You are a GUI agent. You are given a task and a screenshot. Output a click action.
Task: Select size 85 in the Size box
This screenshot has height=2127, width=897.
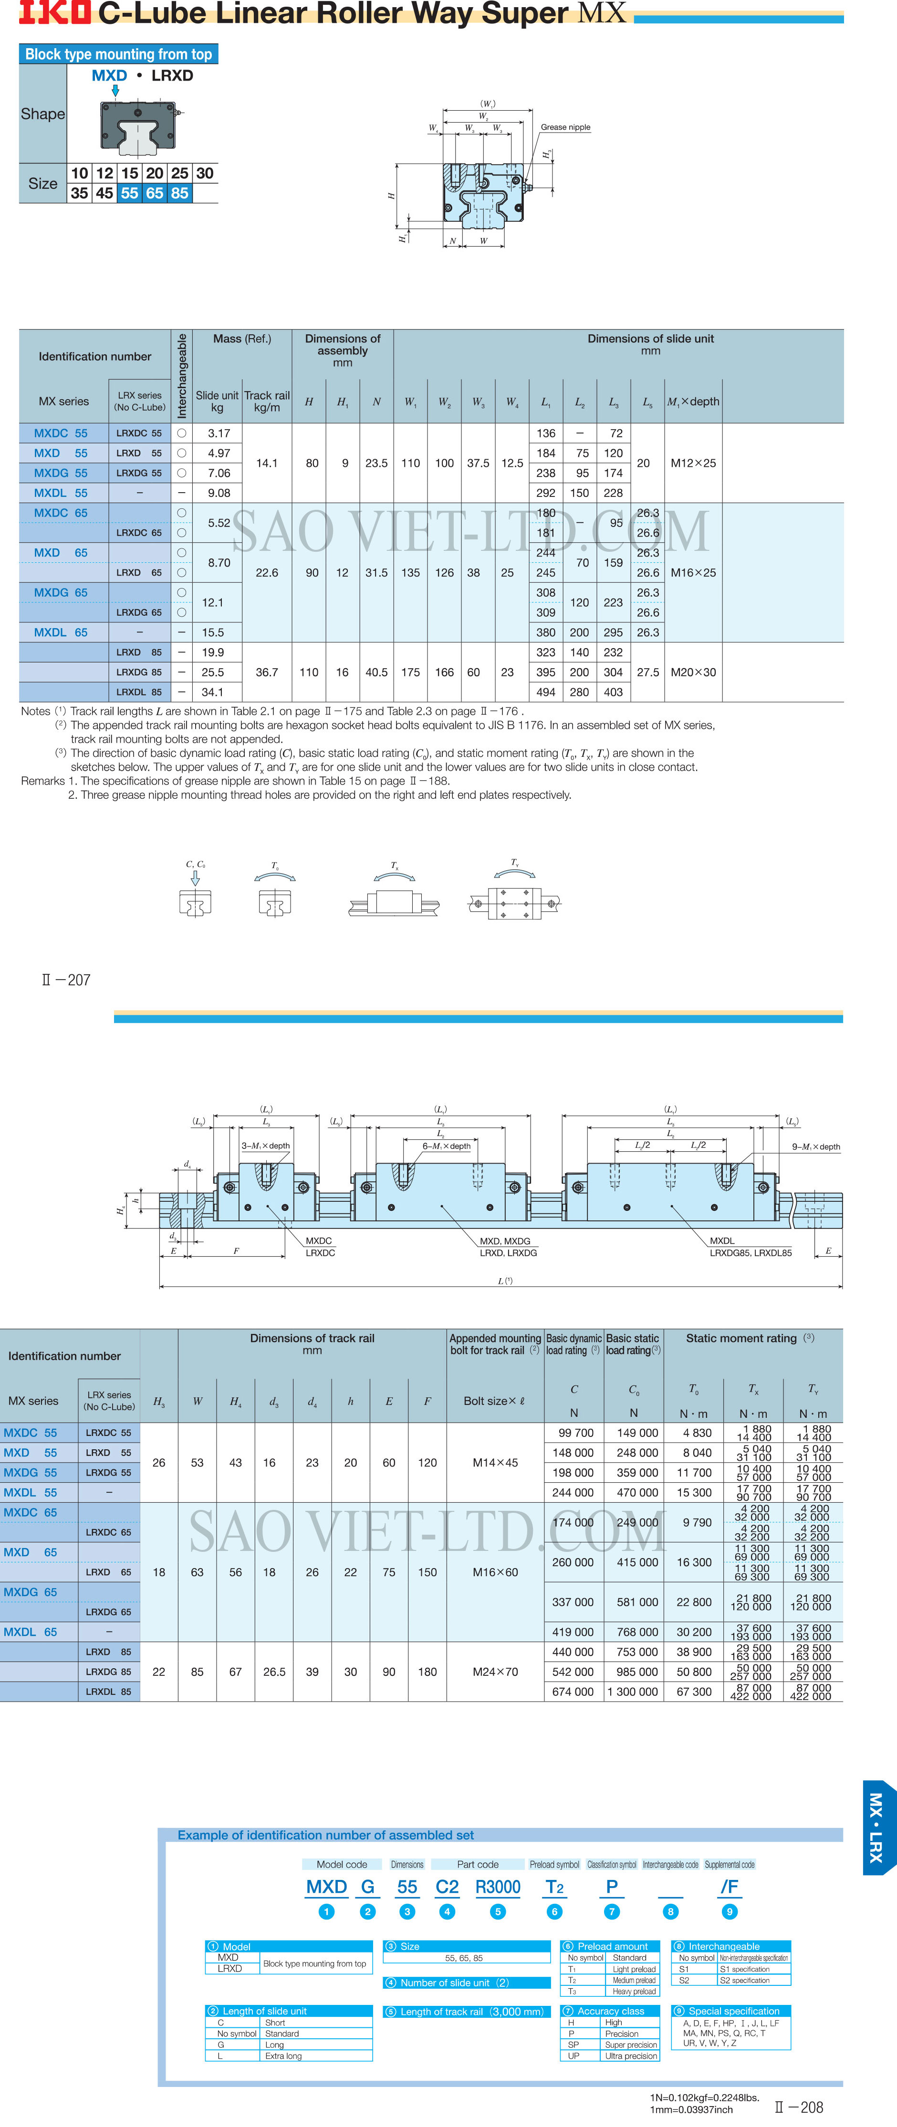point(180,193)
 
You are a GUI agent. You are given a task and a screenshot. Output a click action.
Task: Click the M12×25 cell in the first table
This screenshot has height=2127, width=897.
point(693,463)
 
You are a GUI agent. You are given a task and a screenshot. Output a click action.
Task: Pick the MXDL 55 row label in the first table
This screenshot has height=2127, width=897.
point(60,493)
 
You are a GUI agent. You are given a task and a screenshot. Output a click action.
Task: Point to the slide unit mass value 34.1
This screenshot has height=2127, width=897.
point(212,692)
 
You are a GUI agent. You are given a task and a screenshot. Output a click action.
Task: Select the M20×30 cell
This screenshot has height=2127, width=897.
point(693,672)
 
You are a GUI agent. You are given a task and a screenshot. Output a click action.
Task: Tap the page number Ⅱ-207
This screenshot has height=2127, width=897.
point(66,980)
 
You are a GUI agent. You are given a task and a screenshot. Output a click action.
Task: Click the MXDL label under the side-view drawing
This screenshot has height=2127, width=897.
point(722,1240)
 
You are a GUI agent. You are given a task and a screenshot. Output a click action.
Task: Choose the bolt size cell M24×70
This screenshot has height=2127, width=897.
point(495,1672)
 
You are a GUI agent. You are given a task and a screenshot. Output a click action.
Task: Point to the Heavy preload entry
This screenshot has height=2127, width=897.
point(634,1992)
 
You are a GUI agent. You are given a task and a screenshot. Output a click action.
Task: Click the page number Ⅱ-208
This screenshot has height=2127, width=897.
point(799,2107)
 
